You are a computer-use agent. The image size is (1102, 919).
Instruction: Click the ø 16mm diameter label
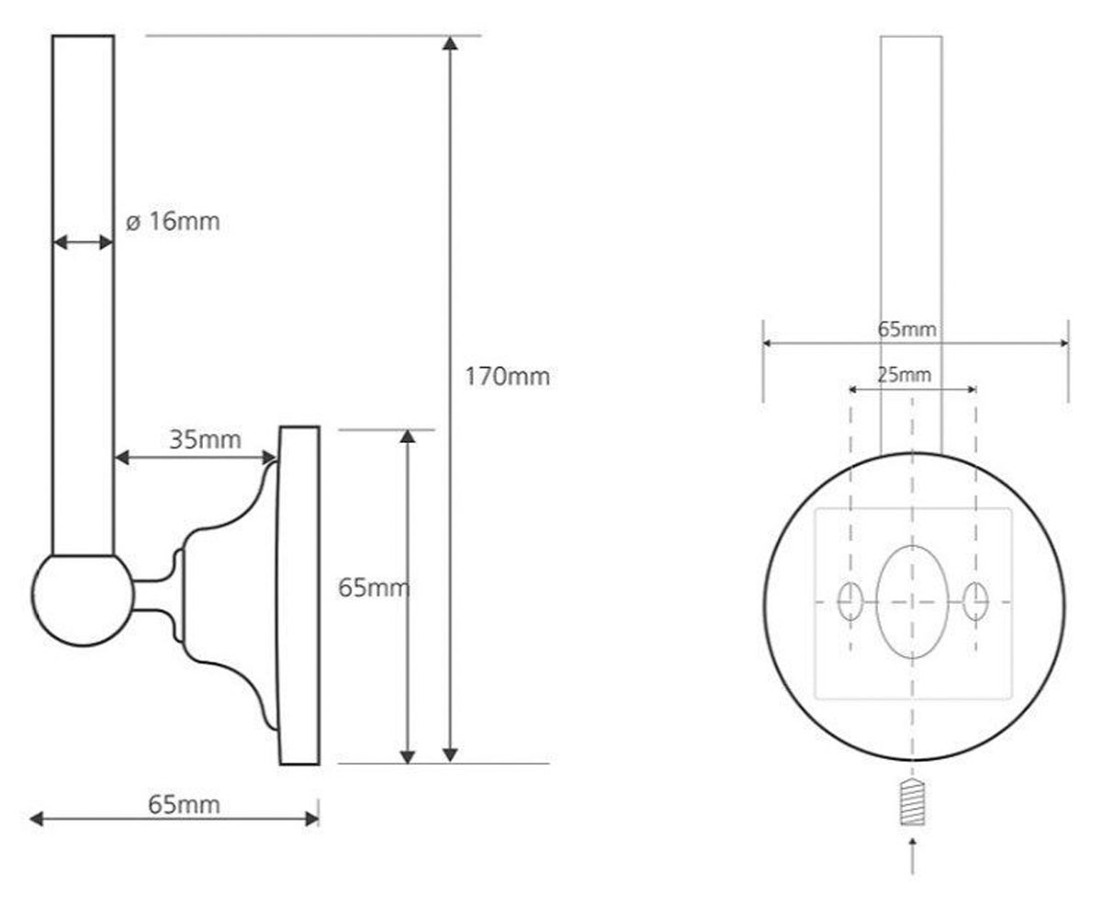[173, 221]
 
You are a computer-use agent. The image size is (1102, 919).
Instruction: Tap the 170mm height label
[507, 377]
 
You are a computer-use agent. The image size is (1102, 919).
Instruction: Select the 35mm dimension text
[205, 439]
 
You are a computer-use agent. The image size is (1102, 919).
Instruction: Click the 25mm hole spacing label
[904, 375]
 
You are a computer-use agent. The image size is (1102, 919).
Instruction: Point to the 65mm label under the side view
[184, 805]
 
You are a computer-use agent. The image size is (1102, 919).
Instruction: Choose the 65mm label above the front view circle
[906, 330]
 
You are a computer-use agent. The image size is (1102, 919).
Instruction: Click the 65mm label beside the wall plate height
[374, 588]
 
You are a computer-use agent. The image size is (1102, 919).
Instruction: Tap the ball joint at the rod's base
[83, 600]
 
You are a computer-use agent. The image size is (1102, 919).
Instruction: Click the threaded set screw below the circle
[913, 803]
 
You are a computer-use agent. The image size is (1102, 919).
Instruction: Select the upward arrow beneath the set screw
[913, 856]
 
